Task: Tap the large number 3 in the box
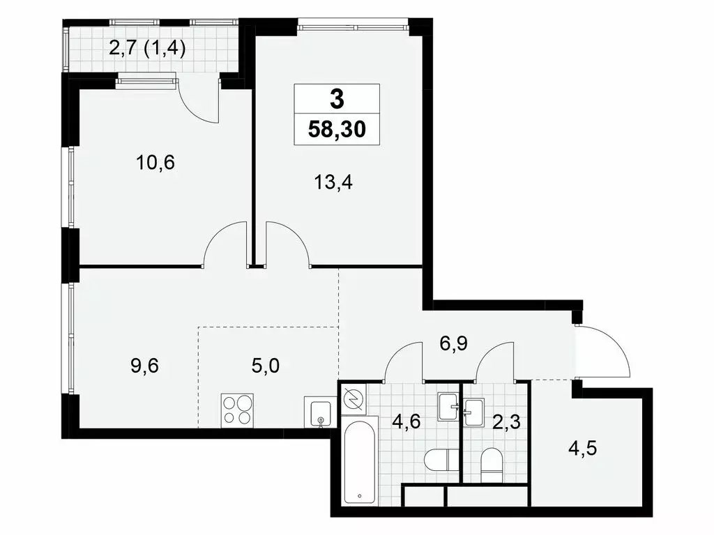point(337,100)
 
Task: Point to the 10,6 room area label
point(155,163)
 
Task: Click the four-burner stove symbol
point(237,410)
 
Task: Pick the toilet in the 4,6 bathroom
point(437,460)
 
